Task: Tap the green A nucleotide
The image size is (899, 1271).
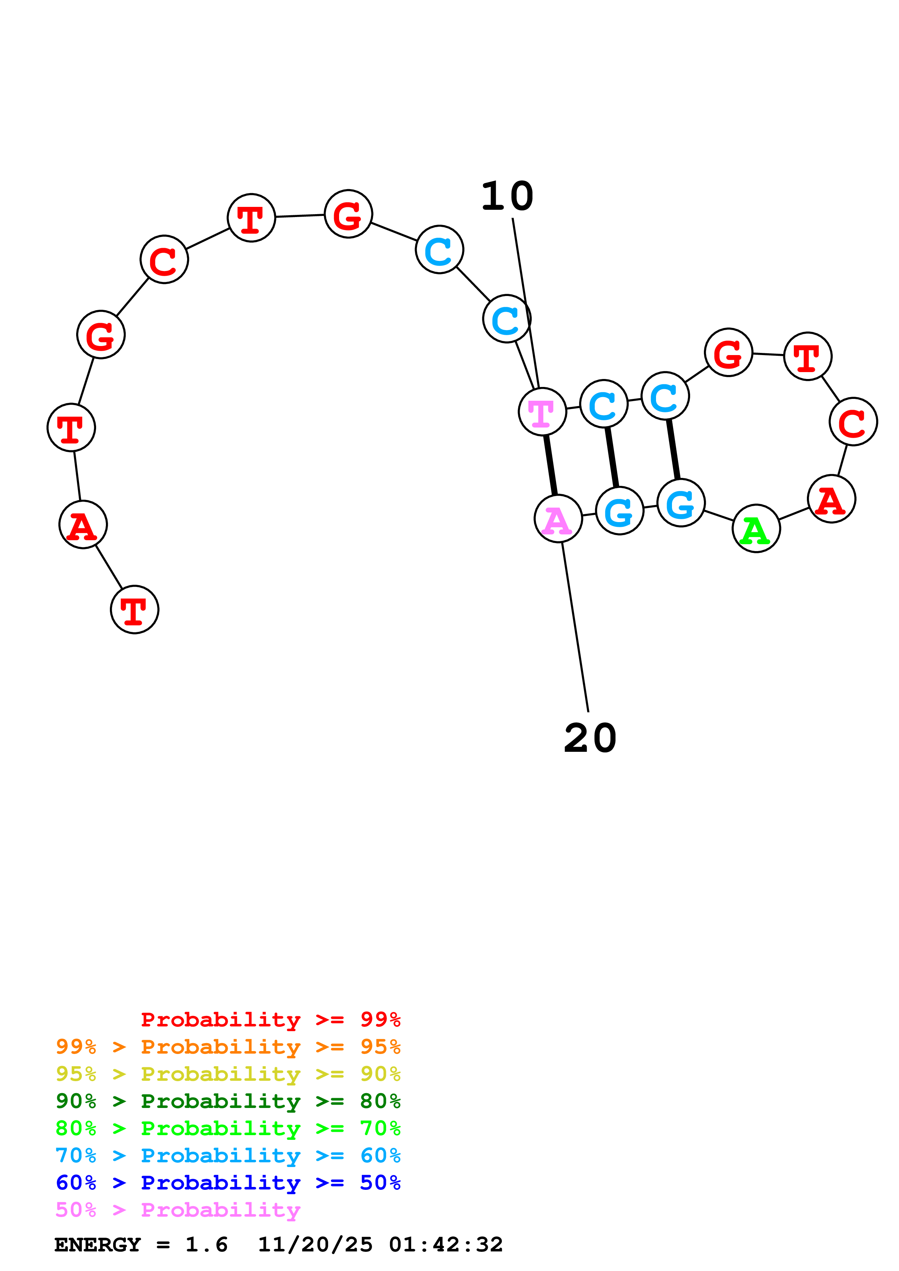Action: (x=756, y=529)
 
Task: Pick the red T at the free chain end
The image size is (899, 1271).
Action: (x=135, y=609)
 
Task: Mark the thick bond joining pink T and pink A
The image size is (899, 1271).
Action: (x=550, y=465)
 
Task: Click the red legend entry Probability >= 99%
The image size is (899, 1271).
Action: (x=270, y=1020)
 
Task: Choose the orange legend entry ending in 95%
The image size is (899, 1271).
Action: (x=228, y=1047)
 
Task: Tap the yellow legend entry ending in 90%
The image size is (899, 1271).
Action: (x=228, y=1074)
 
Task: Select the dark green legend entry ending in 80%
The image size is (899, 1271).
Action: (x=228, y=1101)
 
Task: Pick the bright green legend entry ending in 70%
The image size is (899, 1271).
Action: (x=228, y=1128)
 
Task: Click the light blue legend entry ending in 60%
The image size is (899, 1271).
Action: (x=228, y=1155)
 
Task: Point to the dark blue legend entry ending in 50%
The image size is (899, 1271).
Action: (x=228, y=1183)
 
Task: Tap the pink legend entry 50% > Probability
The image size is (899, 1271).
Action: (x=178, y=1209)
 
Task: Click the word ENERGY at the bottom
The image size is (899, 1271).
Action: (x=98, y=1245)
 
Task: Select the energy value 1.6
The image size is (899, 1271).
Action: (x=206, y=1245)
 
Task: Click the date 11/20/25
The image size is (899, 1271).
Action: (x=315, y=1245)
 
